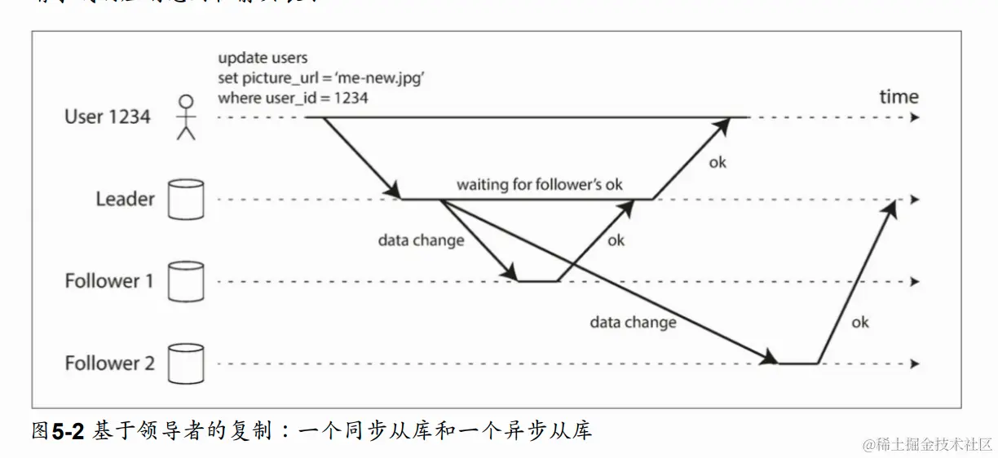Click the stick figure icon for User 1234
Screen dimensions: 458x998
click(187, 117)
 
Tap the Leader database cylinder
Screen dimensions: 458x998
click(184, 200)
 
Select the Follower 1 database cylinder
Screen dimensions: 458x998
click(184, 282)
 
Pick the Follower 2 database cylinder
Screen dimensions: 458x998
click(184, 363)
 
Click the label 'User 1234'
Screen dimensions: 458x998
click(108, 117)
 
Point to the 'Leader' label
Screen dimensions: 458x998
click(125, 199)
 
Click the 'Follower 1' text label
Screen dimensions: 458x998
click(109, 281)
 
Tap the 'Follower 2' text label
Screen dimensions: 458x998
click(109, 363)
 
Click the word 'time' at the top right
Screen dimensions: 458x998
click(899, 96)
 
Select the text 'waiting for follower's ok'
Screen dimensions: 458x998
click(539, 184)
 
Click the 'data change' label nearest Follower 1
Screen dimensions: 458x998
click(421, 240)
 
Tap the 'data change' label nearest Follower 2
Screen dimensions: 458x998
click(633, 322)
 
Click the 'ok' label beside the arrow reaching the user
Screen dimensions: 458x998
click(718, 162)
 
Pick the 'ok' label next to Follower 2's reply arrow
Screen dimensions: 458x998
click(860, 322)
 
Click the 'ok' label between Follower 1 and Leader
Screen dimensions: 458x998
click(616, 240)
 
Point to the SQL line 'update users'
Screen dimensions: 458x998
click(263, 58)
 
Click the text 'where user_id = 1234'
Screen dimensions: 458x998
click(293, 98)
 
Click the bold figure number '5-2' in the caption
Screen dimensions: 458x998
click(68, 431)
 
